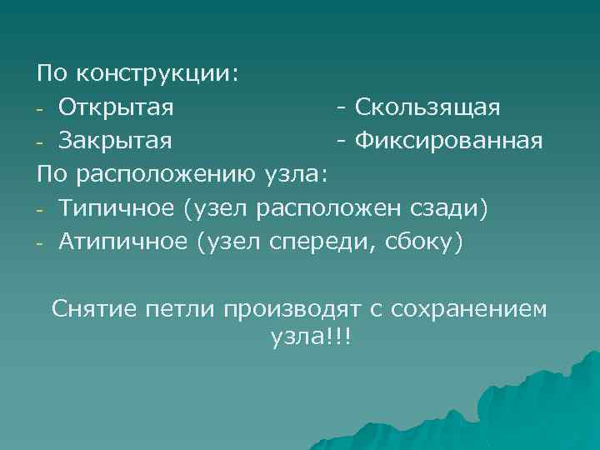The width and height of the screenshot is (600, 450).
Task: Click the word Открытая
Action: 116,108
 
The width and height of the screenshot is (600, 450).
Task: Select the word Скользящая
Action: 427,108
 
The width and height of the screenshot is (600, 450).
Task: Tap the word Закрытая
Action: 116,142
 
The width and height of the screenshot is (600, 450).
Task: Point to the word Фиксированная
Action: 449,142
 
